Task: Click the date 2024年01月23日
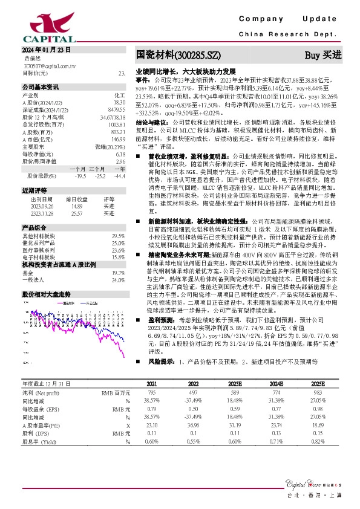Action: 47,50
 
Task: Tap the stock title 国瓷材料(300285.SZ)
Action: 175,55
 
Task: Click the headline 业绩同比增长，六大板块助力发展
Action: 186,71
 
